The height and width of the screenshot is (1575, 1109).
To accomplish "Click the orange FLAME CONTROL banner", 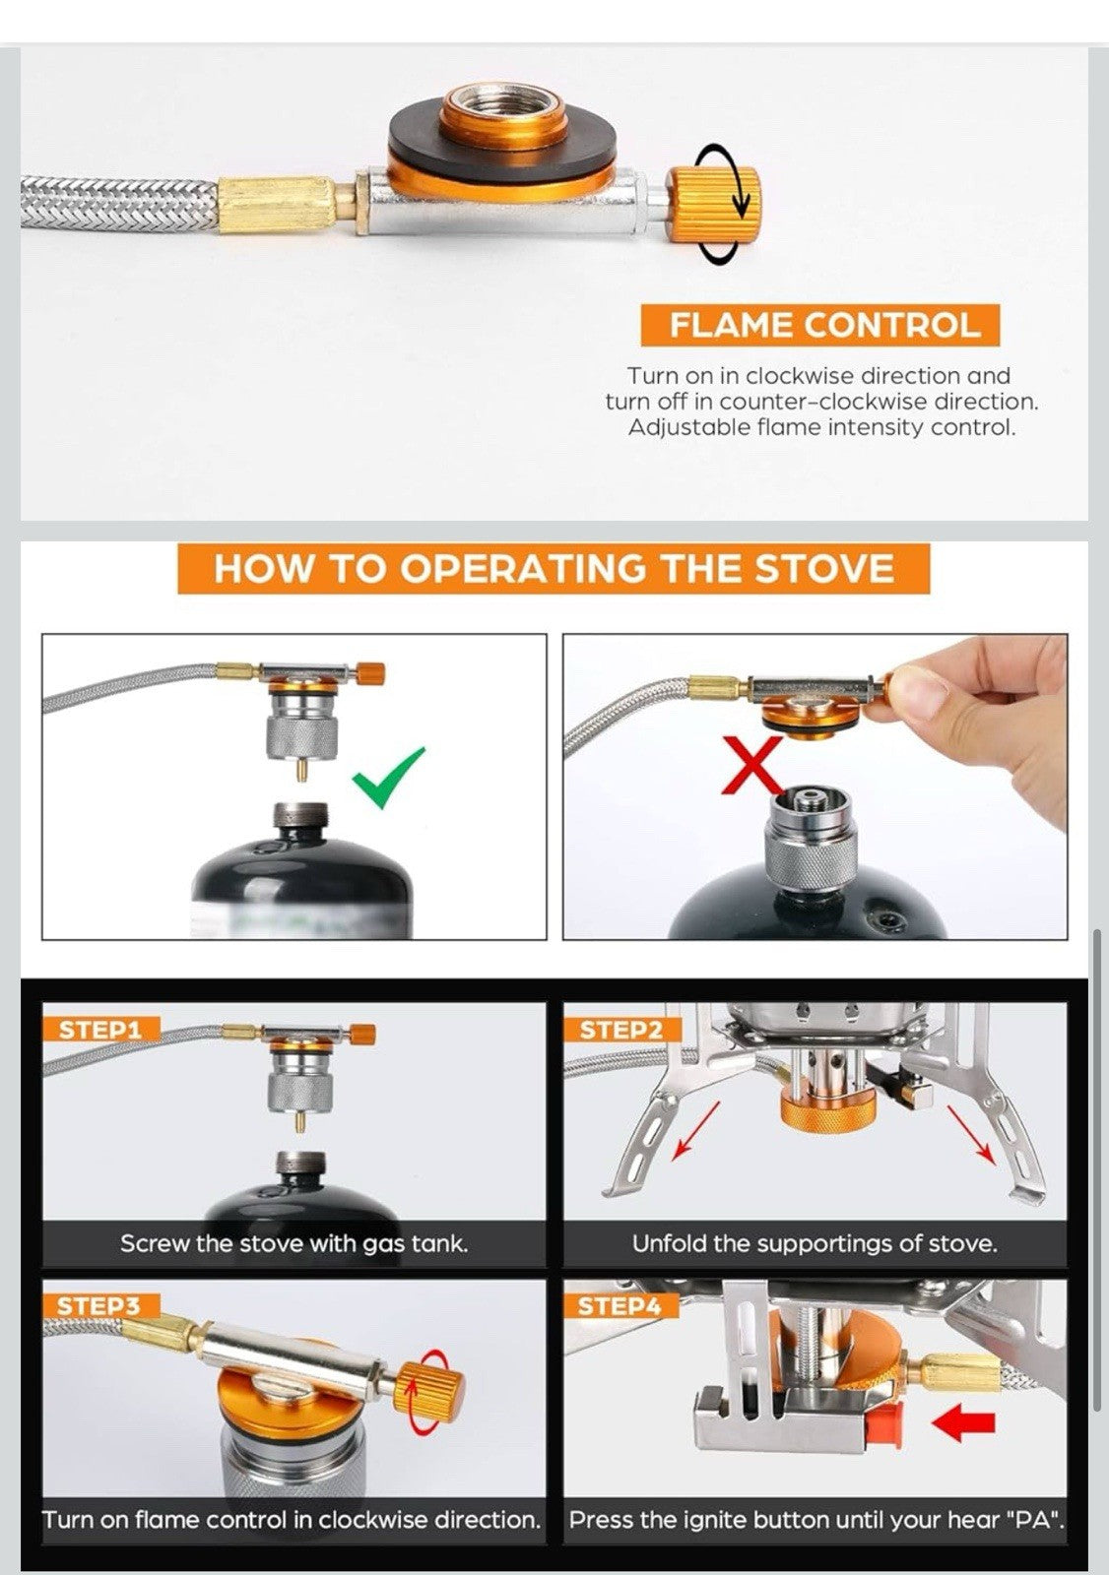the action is (x=819, y=325).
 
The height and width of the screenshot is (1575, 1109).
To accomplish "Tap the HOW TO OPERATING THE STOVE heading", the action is (x=554, y=568).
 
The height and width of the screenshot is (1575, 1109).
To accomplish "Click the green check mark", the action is (x=389, y=778).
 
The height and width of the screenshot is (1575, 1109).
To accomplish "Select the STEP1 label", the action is (x=100, y=1030).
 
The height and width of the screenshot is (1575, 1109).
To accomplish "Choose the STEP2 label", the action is (x=622, y=1030).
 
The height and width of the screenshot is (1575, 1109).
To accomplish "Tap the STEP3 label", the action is (x=100, y=1306).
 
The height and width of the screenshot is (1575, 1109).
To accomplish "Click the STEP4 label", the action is (x=620, y=1306).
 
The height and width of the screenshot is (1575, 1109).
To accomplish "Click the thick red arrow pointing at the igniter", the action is (x=963, y=1423).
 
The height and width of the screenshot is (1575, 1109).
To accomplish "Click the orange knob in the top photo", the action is (x=713, y=205).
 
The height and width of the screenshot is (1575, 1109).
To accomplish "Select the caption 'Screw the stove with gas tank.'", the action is (x=294, y=1244).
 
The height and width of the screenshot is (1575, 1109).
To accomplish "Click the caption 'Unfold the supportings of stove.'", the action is (x=815, y=1244).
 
